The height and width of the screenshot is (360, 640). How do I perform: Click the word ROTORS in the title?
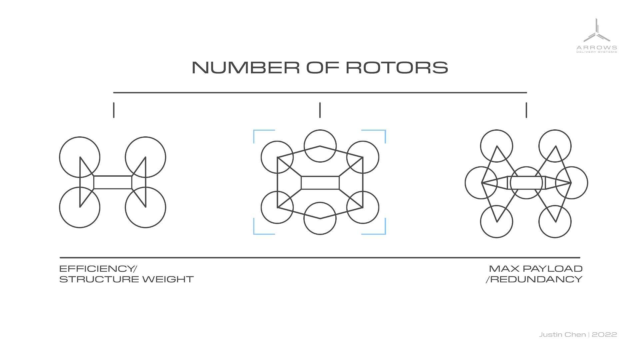(x=397, y=68)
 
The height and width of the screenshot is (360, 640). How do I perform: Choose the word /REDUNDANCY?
(x=534, y=279)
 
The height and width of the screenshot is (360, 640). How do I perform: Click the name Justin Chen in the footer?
(x=562, y=334)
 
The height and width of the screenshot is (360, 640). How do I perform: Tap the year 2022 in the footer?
(x=604, y=334)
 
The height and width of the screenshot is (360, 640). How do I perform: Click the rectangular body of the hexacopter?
(x=320, y=183)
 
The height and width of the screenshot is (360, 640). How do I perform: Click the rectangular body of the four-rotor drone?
(x=113, y=182)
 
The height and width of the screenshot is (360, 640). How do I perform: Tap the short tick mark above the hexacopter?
(x=320, y=110)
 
